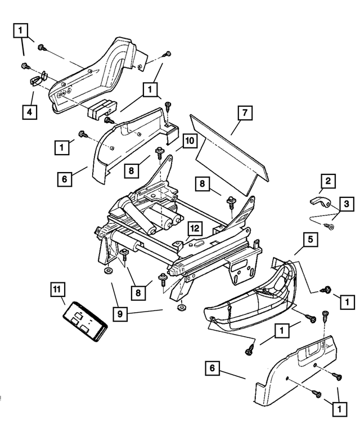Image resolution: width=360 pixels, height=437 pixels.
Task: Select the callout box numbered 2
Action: (326, 181)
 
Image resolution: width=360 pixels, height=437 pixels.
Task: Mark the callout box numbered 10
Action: (189, 140)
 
